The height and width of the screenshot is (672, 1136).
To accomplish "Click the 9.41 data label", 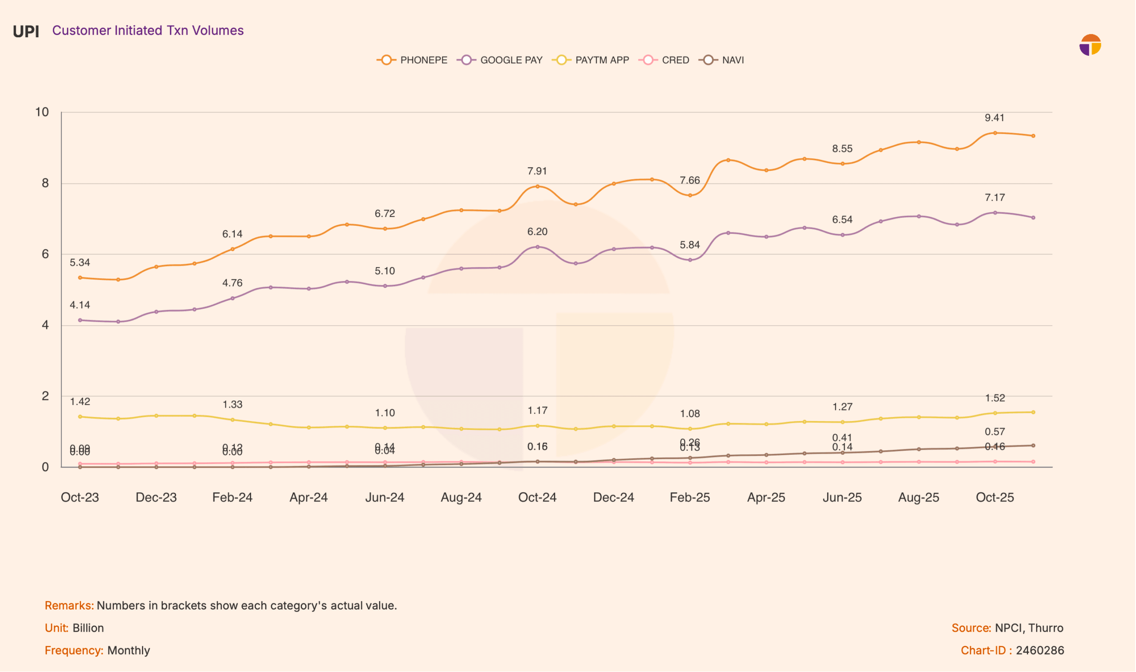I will (x=995, y=118).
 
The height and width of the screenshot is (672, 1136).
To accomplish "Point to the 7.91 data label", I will (x=537, y=171).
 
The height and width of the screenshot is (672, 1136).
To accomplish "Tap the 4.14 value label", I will (x=80, y=305).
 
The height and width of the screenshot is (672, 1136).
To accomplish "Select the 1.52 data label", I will (x=995, y=398).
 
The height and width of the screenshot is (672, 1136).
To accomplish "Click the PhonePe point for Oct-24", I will (x=538, y=187).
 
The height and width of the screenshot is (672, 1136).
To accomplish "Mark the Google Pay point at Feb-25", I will (x=690, y=260).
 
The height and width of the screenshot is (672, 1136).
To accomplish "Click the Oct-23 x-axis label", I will (x=80, y=498).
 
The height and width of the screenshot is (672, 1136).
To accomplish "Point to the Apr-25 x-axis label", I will (x=766, y=498).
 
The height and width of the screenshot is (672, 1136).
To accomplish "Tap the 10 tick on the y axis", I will (x=42, y=112).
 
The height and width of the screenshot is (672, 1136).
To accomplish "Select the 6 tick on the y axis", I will (x=45, y=254).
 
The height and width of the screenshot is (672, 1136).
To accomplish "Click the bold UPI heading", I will (x=26, y=31).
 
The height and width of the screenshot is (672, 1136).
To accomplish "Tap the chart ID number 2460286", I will (x=1040, y=651).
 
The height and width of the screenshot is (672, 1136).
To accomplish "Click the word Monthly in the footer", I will (x=129, y=651).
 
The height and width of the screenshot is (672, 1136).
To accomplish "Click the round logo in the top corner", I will (x=1090, y=45).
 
